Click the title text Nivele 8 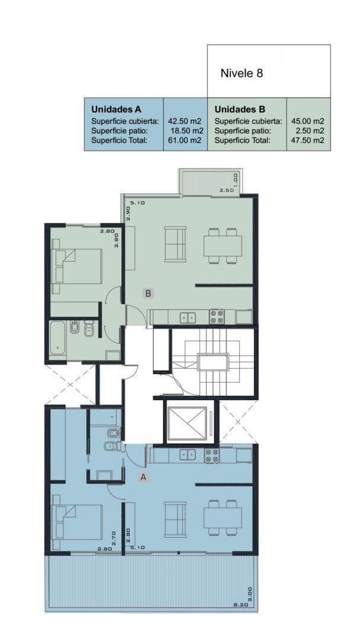click(x=242, y=73)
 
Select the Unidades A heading click(x=116, y=109)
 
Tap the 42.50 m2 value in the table click(x=185, y=121)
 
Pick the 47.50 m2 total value click(x=308, y=140)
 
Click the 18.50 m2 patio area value click(x=186, y=131)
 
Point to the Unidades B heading click(x=240, y=109)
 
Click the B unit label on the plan click(x=149, y=293)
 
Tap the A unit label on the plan click(x=143, y=477)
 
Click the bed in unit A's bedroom click(x=77, y=522)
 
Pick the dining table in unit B click(x=223, y=246)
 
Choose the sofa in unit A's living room click(x=175, y=519)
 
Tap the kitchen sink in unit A click(x=188, y=454)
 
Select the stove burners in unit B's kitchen click(x=217, y=317)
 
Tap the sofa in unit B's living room click(x=175, y=244)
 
